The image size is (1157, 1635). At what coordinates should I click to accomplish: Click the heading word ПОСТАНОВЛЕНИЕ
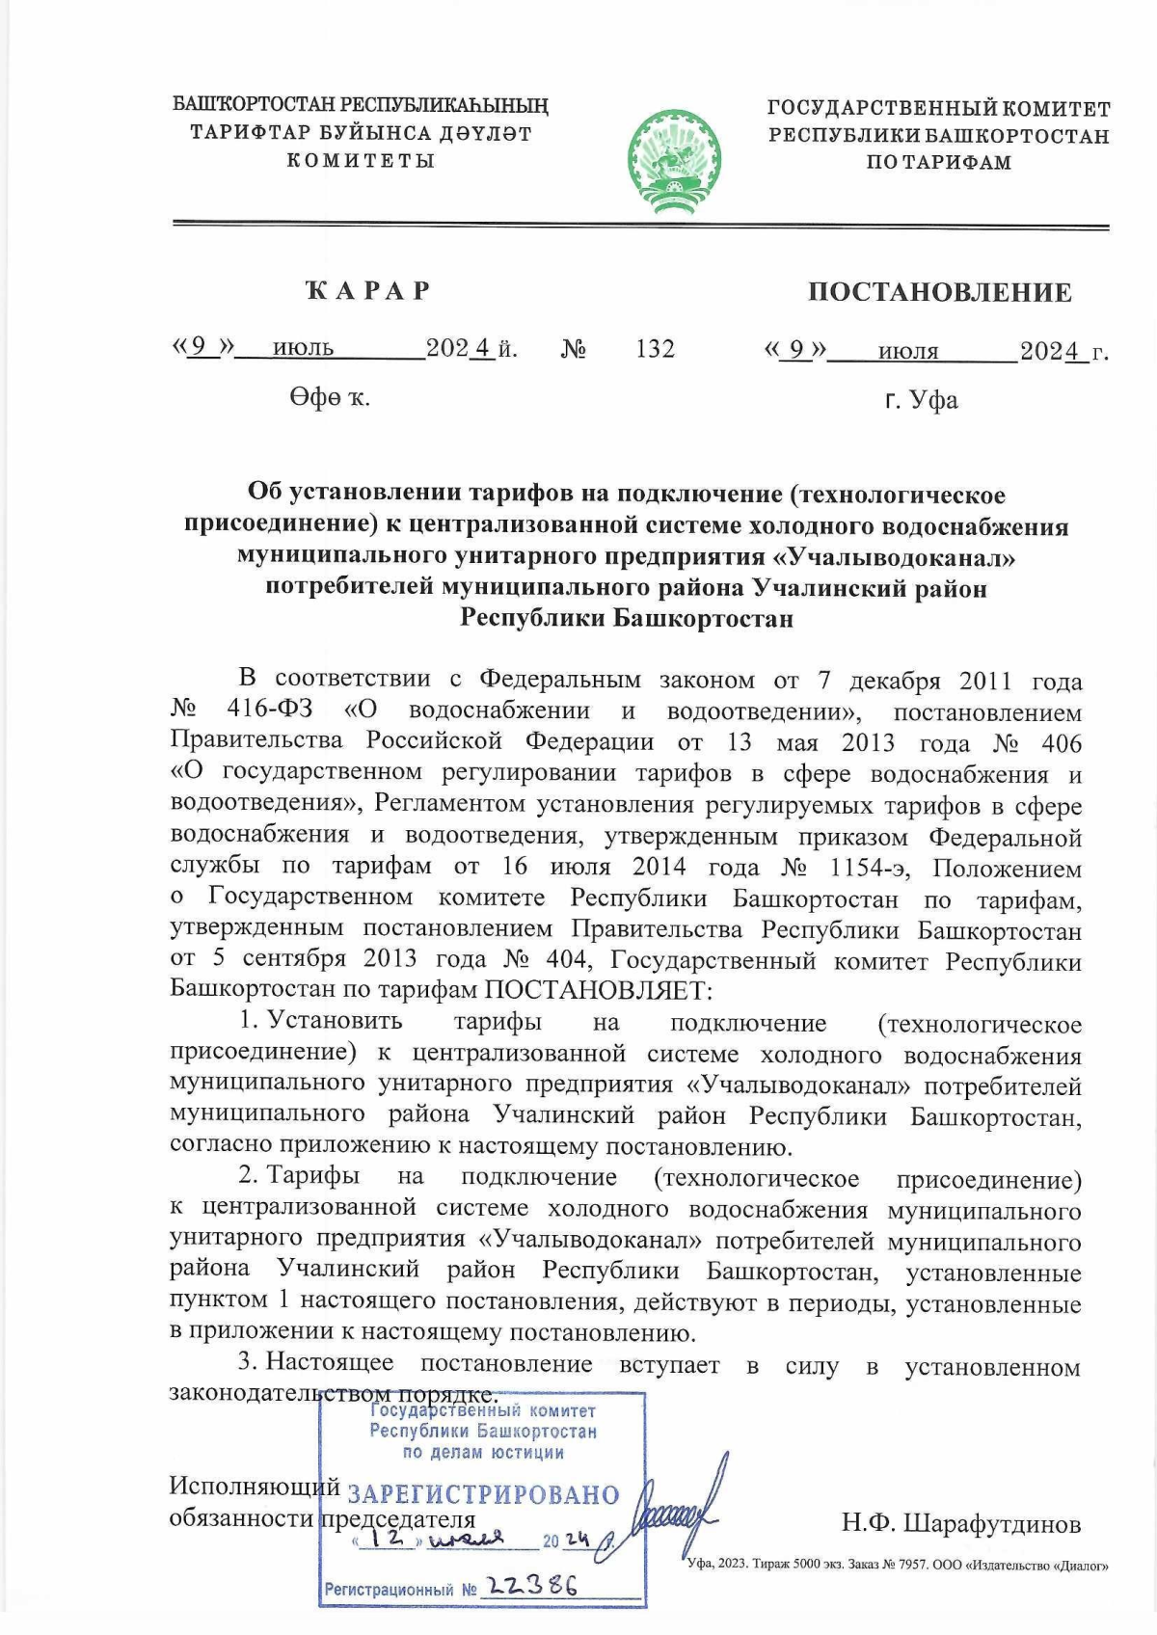[x=939, y=292]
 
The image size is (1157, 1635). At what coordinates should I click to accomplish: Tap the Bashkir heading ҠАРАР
[x=367, y=290]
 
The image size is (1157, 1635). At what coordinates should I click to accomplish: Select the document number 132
[x=655, y=349]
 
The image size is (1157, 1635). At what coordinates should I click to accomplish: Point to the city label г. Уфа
[x=922, y=400]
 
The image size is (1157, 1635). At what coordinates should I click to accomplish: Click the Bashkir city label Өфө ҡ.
[x=330, y=396]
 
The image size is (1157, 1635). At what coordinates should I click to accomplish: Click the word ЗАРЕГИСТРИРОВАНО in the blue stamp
[x=482, y=1495]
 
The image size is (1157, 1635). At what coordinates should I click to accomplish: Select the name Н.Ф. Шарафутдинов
[x=960, y=1524]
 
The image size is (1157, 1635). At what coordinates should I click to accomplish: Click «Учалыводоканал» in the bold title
[x=896, y=557]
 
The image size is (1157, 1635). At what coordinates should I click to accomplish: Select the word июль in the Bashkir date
[x=303, y=349]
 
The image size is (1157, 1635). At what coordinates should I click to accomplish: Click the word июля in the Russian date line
[x=907, y=352]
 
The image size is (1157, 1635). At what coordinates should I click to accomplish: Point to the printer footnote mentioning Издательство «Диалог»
[x=897, y=1565]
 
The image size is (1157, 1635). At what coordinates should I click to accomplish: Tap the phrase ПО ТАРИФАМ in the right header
[x=938, y=162]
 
